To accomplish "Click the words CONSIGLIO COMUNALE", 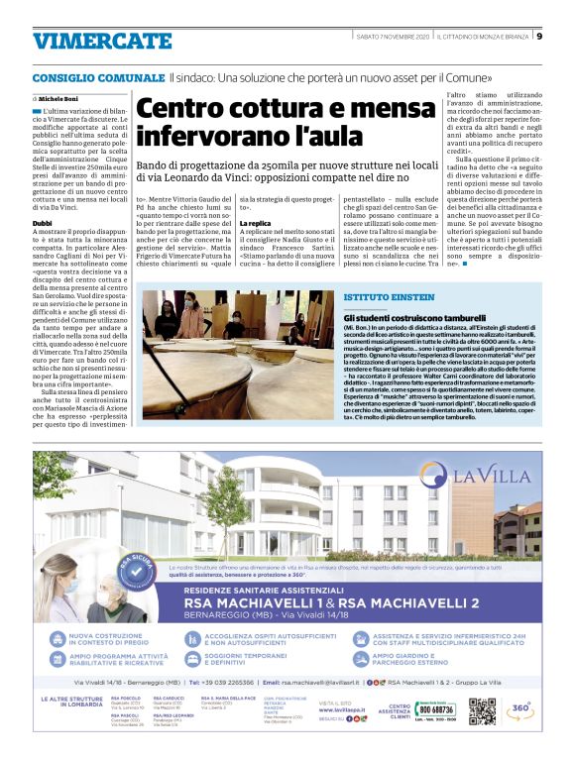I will [96, 77].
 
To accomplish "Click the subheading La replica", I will [256, 225].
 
